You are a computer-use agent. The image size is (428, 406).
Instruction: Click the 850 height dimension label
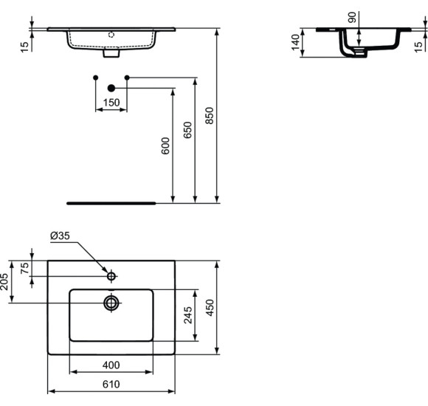[x=210, y=115]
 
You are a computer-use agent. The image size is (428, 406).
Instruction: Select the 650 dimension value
[x=187, y=130]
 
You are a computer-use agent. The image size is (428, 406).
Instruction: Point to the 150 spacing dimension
[x=111, y=103]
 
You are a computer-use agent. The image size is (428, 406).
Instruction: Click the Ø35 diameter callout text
[x=60, y=236]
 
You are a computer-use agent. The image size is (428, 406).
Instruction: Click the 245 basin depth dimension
[x=189, y=315]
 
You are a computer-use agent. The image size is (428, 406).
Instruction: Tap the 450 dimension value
[x=210, y=307]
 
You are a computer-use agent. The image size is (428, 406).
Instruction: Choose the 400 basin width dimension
[x=111, y=365]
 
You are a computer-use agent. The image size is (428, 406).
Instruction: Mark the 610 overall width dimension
[x=111, y=384]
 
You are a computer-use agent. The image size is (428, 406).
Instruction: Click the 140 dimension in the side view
[x=296, y=42]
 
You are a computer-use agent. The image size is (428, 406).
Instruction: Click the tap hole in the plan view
[x=111, y=276]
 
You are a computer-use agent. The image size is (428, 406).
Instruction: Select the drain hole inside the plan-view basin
[x=111, y=303]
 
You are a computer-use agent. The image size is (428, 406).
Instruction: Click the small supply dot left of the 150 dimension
[x=95, y=78]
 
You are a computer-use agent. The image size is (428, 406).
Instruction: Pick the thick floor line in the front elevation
[x=111, y=201]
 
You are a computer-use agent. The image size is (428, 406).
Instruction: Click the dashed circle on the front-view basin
[x=111, y=34]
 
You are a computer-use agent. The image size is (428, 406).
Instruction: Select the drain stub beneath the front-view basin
[x=111, y=53]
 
